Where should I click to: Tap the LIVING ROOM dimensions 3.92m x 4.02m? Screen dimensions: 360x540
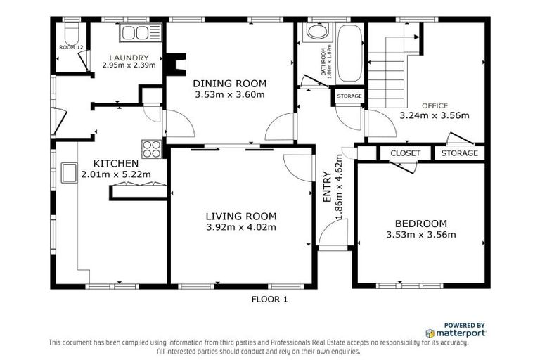click(x=240, y=227)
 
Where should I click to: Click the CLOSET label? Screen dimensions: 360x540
click(x=405, y=153)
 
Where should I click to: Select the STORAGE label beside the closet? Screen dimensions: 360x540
click(x=459, y=153)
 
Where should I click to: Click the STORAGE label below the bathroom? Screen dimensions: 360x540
click(x=349, y=96)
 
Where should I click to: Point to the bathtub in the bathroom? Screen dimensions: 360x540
click(x=349, y=53)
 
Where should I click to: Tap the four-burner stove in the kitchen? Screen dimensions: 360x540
click(x=152, y=148)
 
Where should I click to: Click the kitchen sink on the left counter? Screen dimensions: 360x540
click(x=69, y=173)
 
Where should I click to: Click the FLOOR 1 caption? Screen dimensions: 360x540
click(x=269, y=300)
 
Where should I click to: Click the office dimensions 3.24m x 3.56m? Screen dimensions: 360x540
click(x=434, y=115)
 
